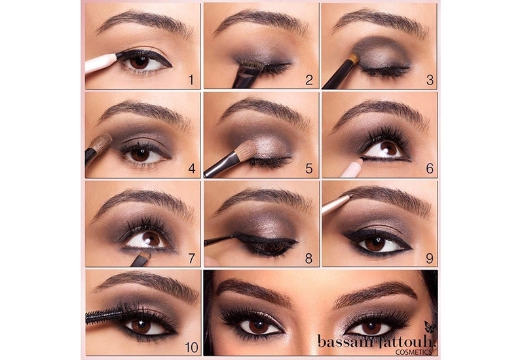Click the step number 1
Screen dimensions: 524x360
(x=191, y=80)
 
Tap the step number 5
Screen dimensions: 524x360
(x=309, y=169)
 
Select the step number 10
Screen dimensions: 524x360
(x=191, y=348)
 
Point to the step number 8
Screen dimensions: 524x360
(x=309, y=258)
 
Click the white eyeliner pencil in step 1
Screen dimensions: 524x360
(x=101, y=63)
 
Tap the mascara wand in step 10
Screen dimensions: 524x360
(x=102, y=315)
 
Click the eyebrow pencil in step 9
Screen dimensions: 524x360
(x=336, y=204)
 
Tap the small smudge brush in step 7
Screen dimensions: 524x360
(x=141, y=259)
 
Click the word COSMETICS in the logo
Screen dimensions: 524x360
(x=413, y=352)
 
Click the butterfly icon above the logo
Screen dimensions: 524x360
(x=430, y=328)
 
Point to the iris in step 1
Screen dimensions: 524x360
(x=139, y=62)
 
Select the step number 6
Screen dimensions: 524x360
(x=430, y=169)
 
